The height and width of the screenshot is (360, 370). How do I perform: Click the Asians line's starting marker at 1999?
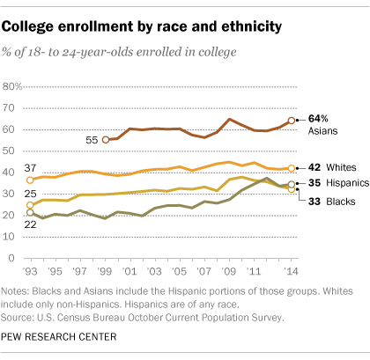107,140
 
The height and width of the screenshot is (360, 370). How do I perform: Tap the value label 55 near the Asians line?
91,140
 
